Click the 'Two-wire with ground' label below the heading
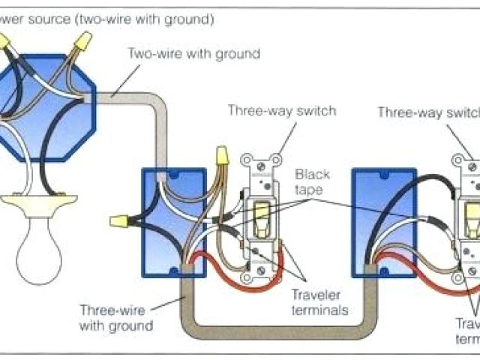click(193, 54)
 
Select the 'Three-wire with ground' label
click(117, 319)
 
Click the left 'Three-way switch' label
click(281, 111)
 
